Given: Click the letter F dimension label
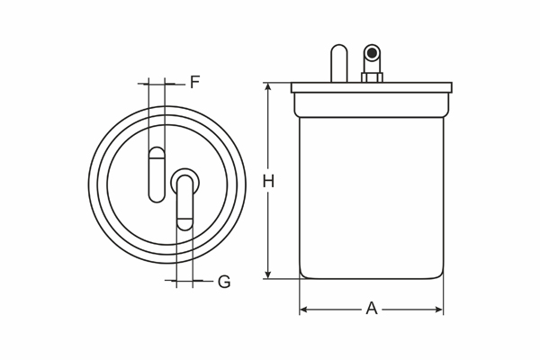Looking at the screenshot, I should coord(194,83).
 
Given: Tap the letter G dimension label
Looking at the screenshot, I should coord(224,282).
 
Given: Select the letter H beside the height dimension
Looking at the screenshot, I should coord(268,182).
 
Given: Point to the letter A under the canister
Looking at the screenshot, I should coord(371,309).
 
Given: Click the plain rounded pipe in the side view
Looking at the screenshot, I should coord(338,65).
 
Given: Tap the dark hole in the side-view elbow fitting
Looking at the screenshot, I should coord(371,54).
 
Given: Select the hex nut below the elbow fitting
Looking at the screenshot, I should coord(372,77).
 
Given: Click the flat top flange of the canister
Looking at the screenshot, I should coord(371,87).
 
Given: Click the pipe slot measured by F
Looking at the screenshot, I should coord(157,173).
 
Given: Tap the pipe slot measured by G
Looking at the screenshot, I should coord(184,205).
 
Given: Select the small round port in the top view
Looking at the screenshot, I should coord(183,182).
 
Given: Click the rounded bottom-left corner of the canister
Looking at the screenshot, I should coord(303,274).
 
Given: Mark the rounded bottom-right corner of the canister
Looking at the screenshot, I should coord(440,274).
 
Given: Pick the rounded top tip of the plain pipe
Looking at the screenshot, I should coord(338,49).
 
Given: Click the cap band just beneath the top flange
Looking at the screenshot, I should coord(371,104).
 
